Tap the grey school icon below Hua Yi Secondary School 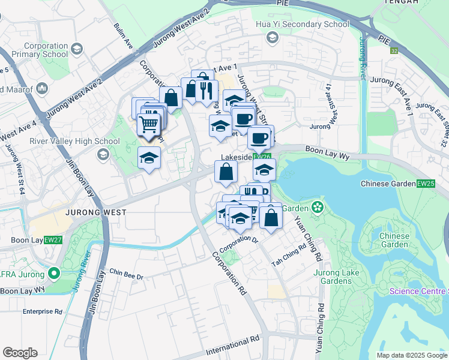272,38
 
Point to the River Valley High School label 66,142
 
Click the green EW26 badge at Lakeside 262,156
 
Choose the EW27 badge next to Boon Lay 53,240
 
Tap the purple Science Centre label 418,292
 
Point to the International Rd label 233,346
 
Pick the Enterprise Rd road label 43,311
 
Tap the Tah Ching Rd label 285,259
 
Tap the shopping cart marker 148,124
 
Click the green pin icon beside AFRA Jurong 54,274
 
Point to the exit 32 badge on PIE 394,52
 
